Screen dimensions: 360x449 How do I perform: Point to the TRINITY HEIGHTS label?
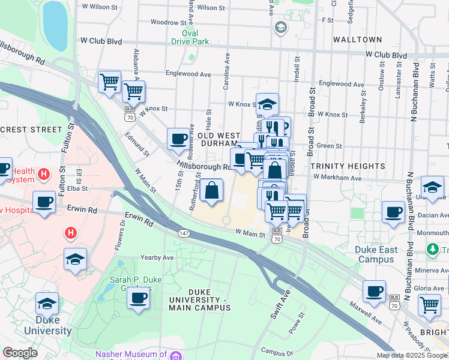coord(348,166)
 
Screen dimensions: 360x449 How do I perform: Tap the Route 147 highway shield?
coord(183,232)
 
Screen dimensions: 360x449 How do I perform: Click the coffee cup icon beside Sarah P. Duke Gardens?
coord(138,298)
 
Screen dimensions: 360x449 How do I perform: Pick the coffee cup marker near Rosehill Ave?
coord(178,139)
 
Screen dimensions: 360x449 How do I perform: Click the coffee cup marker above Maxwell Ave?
coord(375,292)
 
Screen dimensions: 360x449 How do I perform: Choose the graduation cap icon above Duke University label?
coord(47,304)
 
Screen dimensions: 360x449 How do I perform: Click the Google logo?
coord(20,353)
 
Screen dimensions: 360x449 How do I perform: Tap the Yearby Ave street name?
coord(157,257)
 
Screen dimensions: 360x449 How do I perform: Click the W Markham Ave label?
coord(337,178)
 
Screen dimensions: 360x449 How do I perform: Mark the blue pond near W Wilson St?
coord(55,25)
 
